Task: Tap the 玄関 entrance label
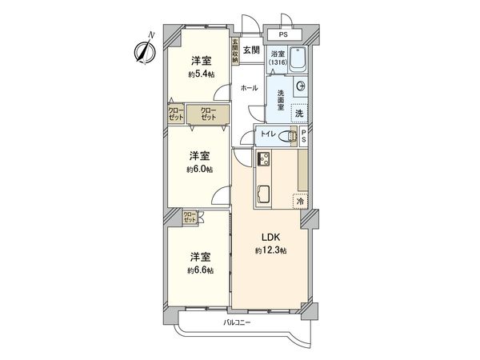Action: click(250, 50)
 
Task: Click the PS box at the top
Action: click(284, 35)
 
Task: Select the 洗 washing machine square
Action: click(298, 114)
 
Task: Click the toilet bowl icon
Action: click(283, 137)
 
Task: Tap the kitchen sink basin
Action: click(264, 194)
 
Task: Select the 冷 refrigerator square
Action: click(300, 202)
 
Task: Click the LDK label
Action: click(266, 237)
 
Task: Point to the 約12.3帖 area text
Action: click(266, 250)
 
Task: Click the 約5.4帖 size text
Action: click(200, 75)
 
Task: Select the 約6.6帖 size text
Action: click(200, 270)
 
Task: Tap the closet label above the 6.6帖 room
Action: click(190, 216)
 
